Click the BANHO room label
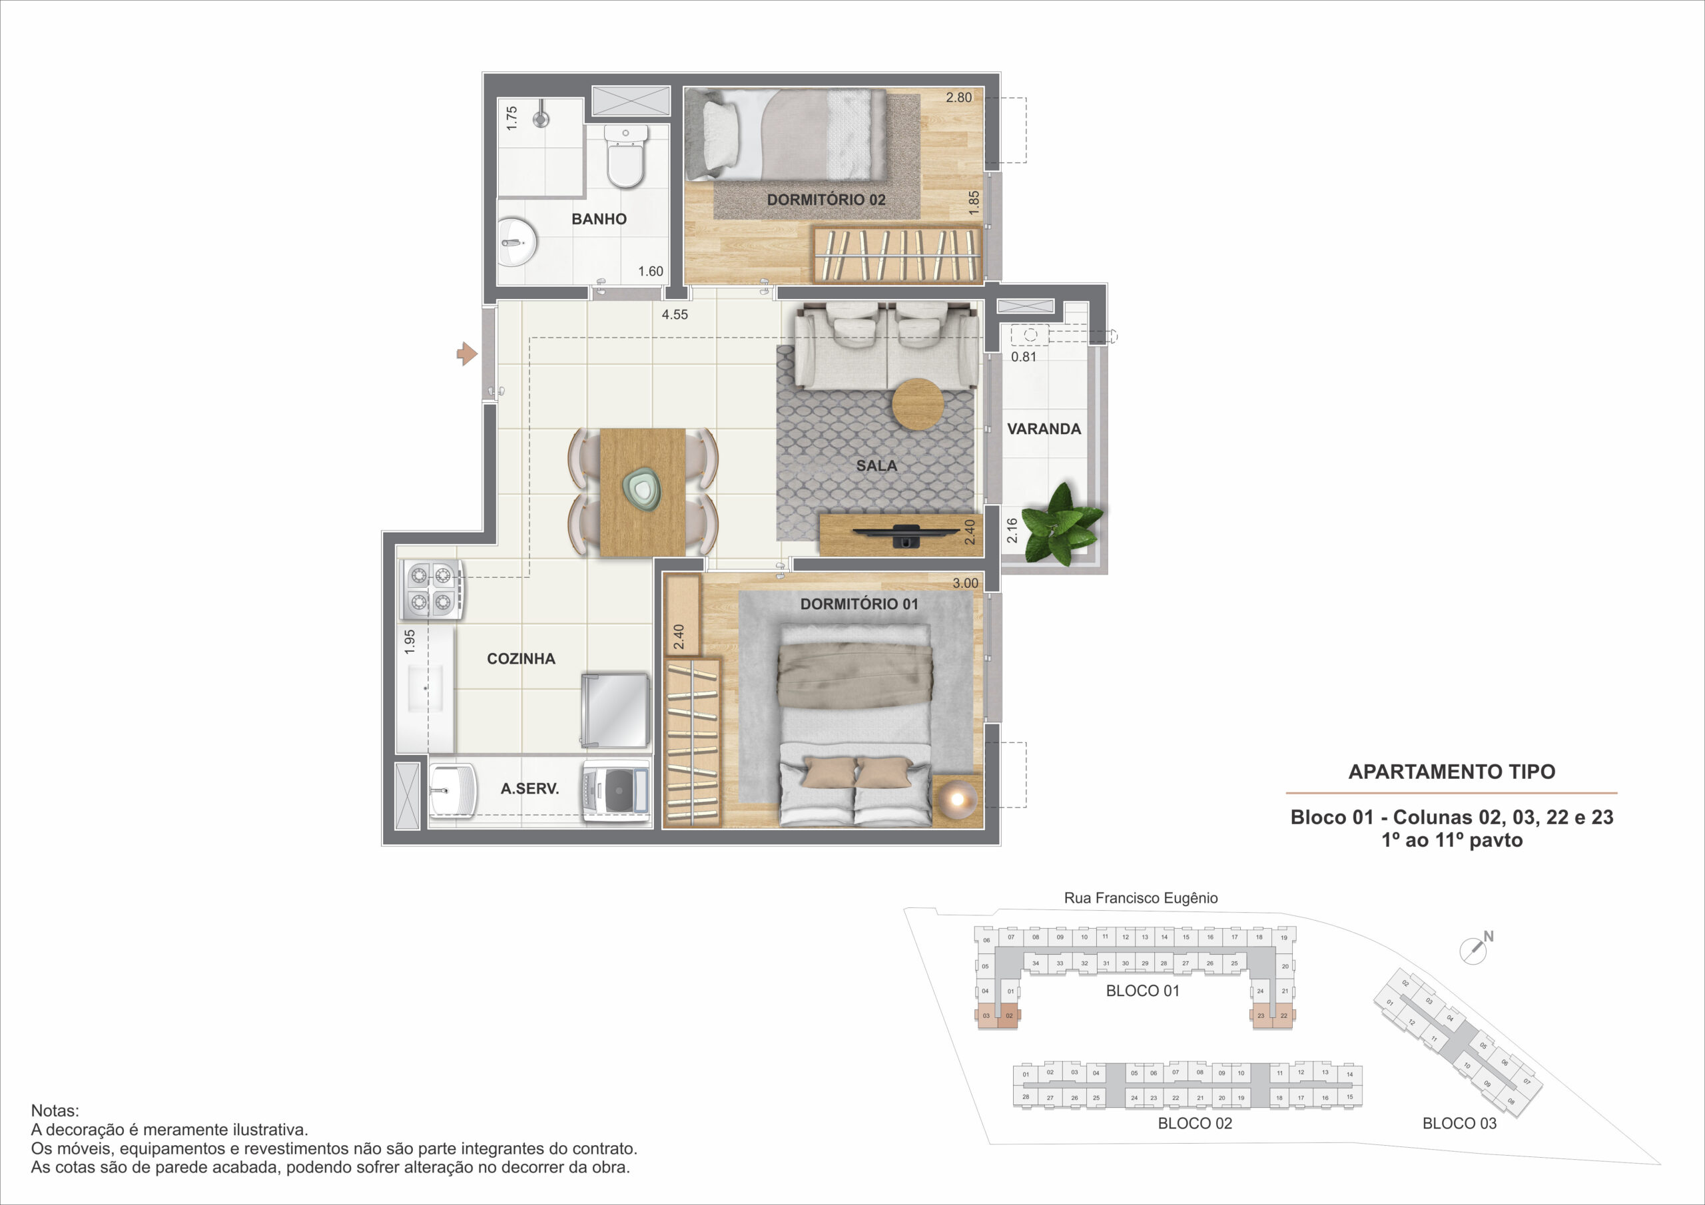point(599,219)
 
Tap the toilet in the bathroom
point(625,156)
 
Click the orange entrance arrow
point(466,354)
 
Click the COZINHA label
point(521,658)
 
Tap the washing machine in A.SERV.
point(615,792)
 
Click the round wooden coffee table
point(918,404)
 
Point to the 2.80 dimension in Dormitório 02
point(958,97)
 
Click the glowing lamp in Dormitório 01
point(956,799)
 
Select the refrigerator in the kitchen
point(615,710)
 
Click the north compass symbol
point(1475,948)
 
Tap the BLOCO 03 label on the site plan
point(1459,1123)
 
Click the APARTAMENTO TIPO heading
point(1452,772)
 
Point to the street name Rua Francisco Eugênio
point(1141,898)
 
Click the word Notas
point(54,1110)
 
